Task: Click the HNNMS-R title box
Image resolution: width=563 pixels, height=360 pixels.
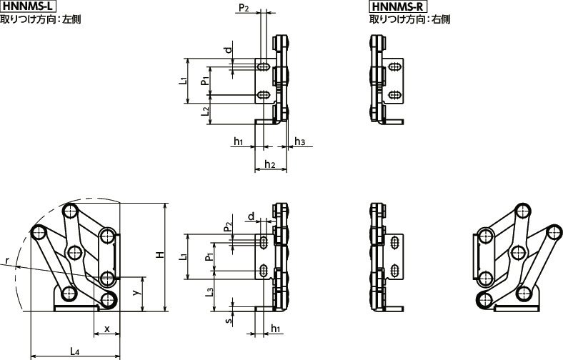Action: pyautogui.click(x=397, y=6)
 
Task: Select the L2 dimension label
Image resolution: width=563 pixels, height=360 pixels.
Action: pyautogui.click(x=205, y=111)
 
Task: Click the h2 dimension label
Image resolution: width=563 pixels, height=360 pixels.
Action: pyautogui.click(x=270, y=165)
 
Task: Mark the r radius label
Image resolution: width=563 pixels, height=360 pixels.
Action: pyautogui.click(x=5, y=265)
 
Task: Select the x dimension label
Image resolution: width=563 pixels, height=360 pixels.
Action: pyautogui.click(x=107, y=329)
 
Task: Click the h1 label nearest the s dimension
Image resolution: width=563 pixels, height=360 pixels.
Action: pyautogui.click(x=276, y=329)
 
